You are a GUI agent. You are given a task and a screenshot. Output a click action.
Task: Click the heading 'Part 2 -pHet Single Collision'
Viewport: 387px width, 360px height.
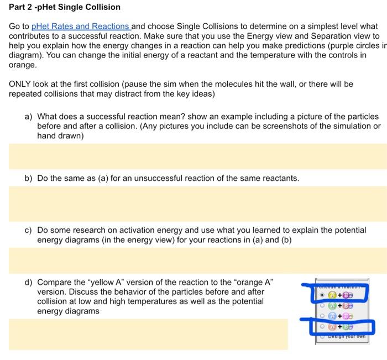coord(65,7)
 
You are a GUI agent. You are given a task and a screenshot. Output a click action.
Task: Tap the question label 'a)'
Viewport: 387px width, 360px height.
coord(28,117)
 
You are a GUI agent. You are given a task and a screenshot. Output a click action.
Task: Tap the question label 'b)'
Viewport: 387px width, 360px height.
coord(28,178)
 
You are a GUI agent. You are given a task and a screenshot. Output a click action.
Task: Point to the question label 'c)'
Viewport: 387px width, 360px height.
coord(28,229)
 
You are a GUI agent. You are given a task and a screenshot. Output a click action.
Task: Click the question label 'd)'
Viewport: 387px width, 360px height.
coord(28,281)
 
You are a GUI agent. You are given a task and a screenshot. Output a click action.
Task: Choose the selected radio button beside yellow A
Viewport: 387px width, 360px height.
coord(322,295)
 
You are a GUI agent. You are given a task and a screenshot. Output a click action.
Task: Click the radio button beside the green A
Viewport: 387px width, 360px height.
coord(322,306)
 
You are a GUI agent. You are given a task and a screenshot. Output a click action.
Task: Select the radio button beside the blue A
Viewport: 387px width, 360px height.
coord(322,317)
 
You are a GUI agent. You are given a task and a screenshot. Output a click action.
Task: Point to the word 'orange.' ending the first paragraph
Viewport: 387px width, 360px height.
coord(22,65)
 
